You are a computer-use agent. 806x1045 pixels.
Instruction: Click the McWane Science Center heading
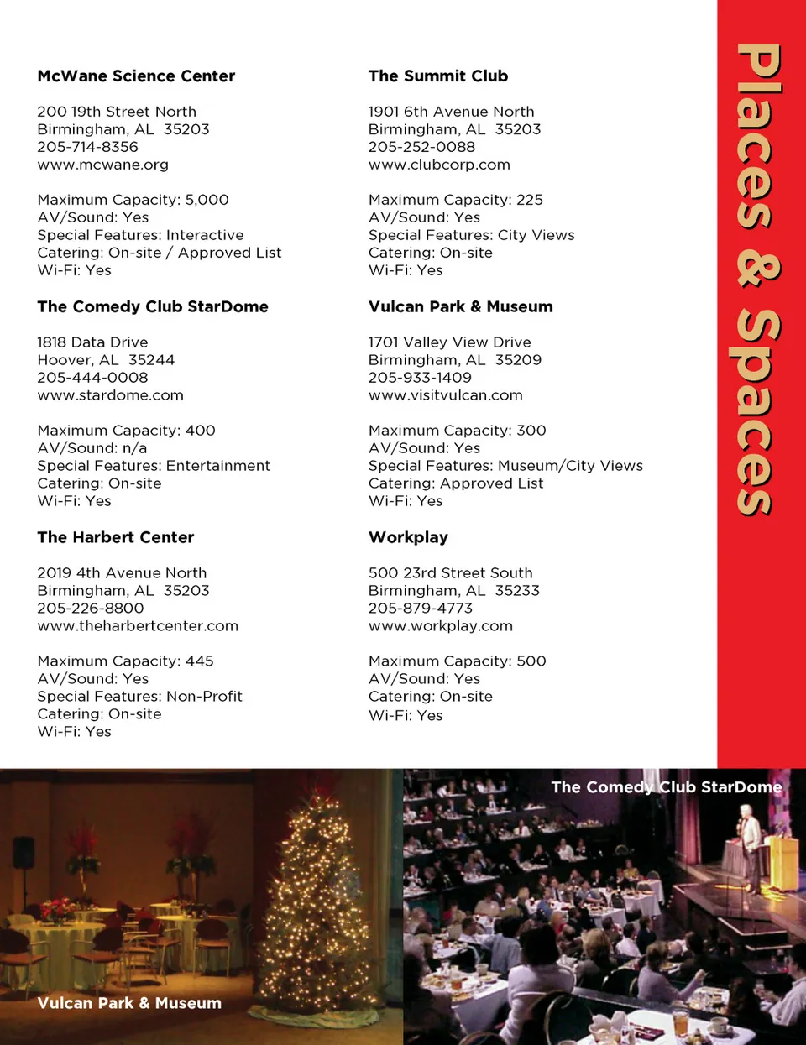click(136, 76)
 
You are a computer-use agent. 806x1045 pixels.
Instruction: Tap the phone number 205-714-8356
click(87, 147)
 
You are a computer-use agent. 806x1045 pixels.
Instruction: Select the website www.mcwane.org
click(102, 165)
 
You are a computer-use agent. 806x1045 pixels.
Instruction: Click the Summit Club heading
click(438, 76)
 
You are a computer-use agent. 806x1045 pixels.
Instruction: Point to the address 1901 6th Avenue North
click(451, 112)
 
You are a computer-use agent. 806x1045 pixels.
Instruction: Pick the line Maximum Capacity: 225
click(455, 200)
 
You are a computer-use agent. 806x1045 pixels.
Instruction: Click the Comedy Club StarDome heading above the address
click(153, 307)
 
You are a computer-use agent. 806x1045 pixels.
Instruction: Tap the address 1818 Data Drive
click(92, 342)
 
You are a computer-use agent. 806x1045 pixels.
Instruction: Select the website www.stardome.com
click(110, 395)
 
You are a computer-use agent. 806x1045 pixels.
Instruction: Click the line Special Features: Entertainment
click(154, 466)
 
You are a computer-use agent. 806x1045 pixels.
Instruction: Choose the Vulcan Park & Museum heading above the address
click(460, 307)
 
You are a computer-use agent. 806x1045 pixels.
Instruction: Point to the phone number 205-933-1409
click(420, 378)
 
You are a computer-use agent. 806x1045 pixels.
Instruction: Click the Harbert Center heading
click(116, 538)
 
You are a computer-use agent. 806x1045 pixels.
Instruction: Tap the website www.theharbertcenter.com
click(138, 626)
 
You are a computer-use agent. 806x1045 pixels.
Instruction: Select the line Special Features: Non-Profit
click(139, 697)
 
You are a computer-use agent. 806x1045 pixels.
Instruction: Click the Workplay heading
click(408, 538)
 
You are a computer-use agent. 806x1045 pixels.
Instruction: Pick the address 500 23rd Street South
click(450, 573)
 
